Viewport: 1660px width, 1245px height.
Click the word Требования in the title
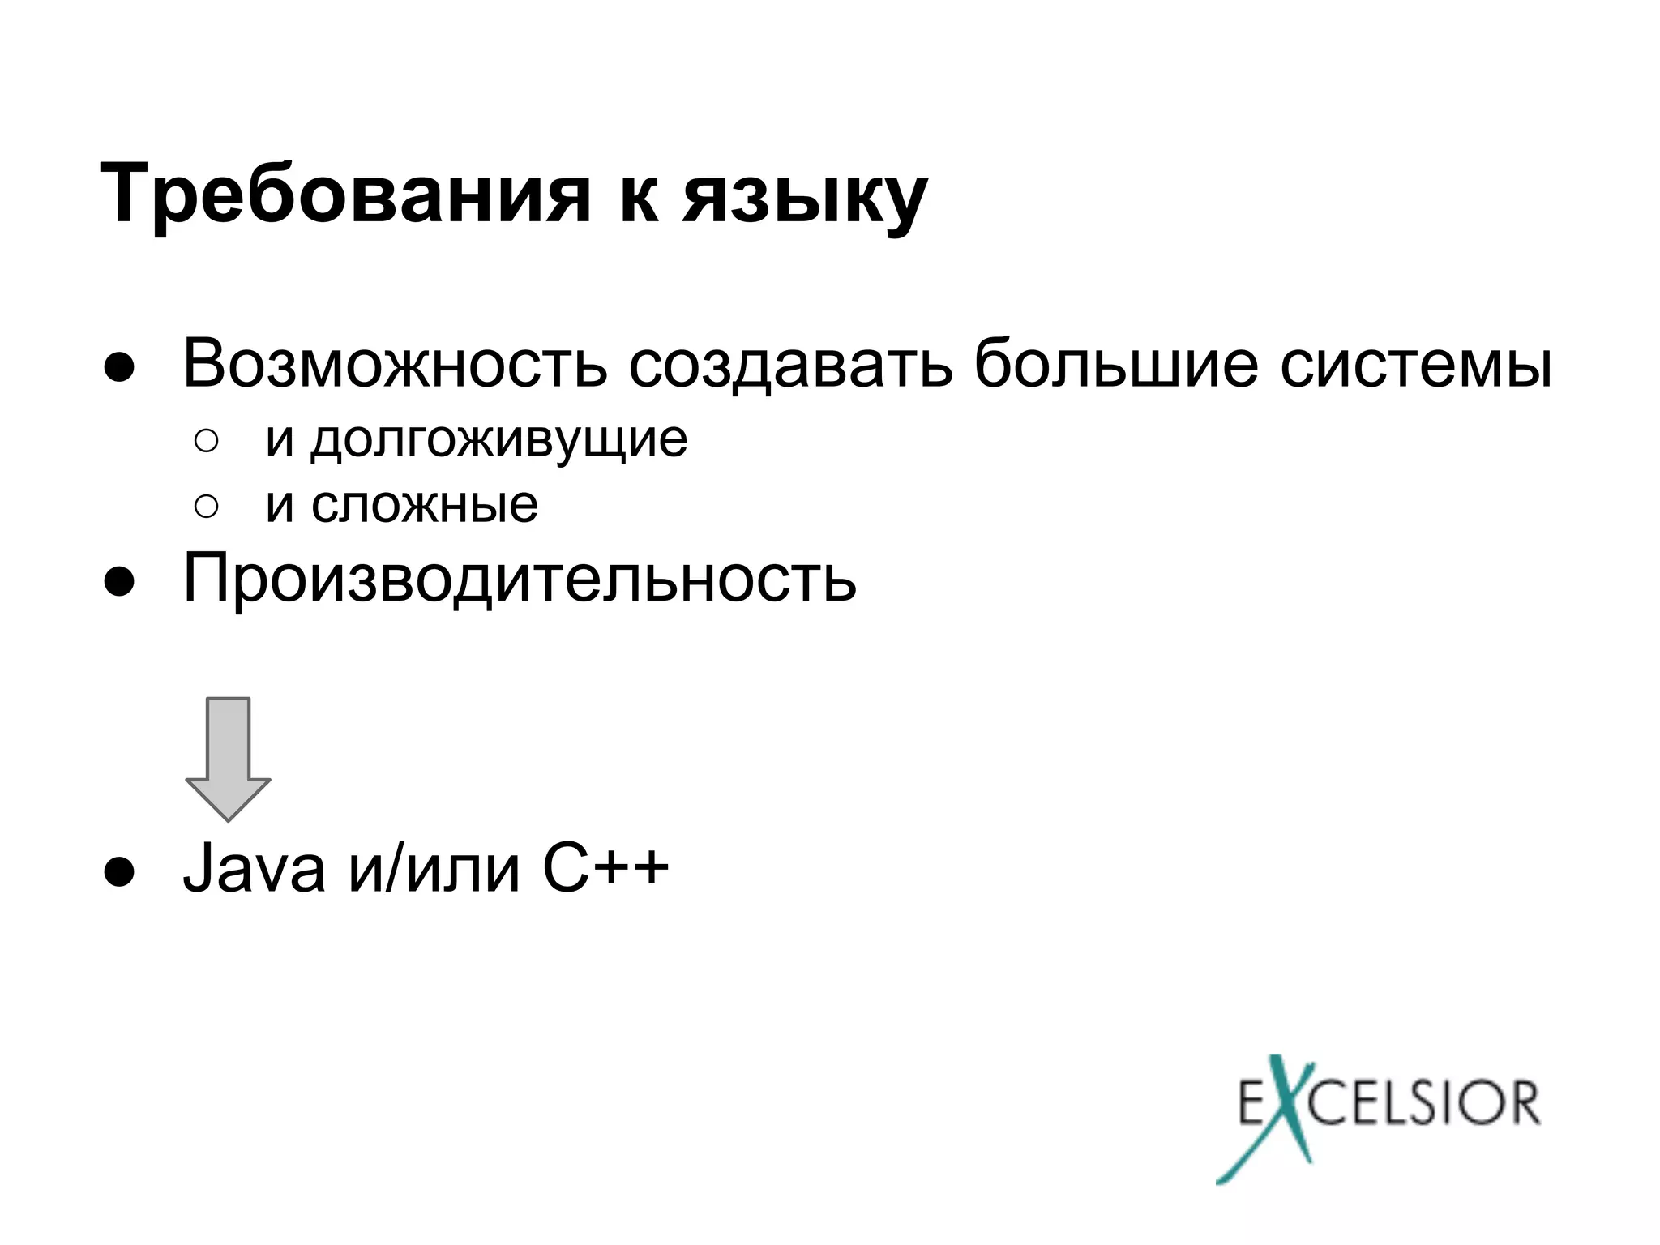(344, 195)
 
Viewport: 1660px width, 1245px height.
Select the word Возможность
(395, 364)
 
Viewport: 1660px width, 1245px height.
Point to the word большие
(1116, 364)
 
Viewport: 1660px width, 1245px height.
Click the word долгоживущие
(498, 440)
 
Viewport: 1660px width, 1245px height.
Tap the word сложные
(424, 505)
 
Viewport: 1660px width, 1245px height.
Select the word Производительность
(519, 579)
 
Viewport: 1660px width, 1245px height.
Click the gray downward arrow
(228, 758)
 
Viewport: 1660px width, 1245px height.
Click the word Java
(254, 869)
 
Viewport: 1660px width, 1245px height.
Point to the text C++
(605, 869)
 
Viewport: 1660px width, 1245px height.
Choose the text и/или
(434, 869)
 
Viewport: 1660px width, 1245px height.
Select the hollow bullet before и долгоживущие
(206, 442)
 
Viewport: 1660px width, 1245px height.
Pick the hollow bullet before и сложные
(206, 507)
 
